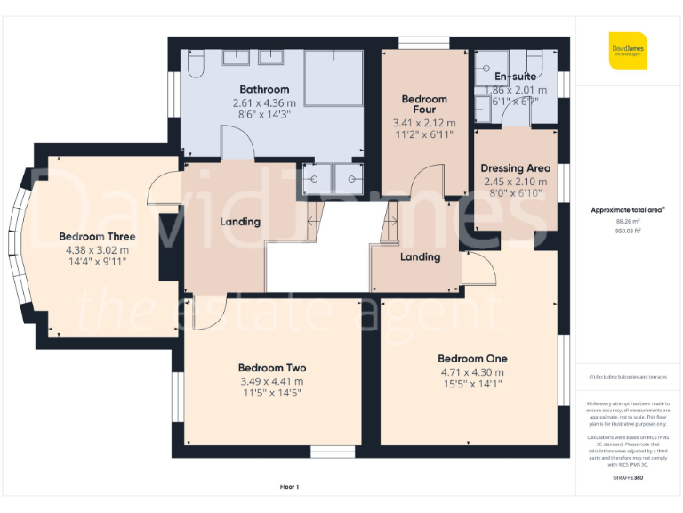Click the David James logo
click(628, 50)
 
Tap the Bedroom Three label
click(97, 237)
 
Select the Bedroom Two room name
click(272, 368)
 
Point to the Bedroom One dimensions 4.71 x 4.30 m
click(471, 372)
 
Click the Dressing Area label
click(515, 168)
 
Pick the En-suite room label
click(515, 77)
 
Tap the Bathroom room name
click(264, 89)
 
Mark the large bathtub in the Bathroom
click(333, 78)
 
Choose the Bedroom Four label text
click(424, 104)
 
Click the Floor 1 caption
click(289, 486)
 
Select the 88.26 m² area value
click(628, 221)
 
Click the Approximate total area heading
click(628, 210)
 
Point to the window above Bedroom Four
click(424, 43)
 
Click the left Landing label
click(240, 222)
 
